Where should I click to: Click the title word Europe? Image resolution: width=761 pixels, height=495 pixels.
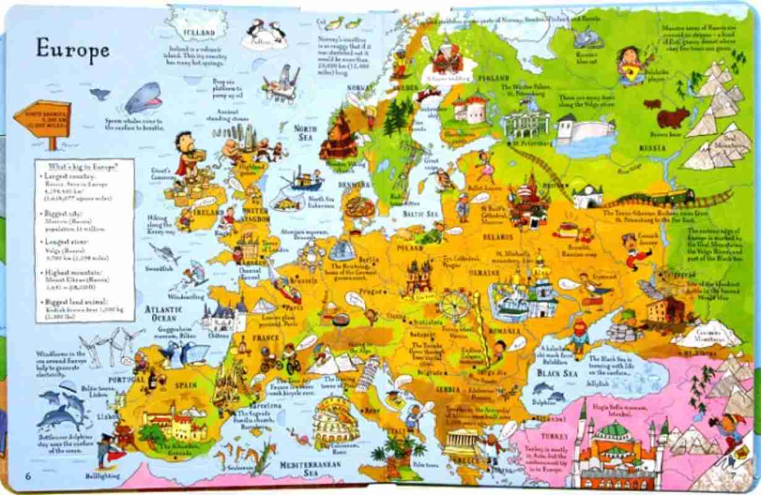click(72, 49)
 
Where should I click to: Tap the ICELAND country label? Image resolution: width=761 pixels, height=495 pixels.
click(197, 32)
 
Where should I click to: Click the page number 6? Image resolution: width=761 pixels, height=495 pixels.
click(28, 475)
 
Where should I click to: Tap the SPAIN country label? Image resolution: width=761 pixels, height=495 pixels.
click(185, 384)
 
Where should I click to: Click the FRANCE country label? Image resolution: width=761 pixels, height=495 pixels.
click(266, 338)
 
